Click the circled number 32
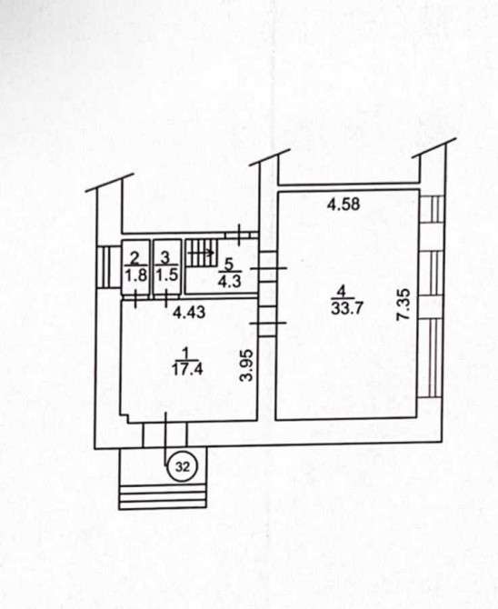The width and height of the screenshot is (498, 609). [183, 466]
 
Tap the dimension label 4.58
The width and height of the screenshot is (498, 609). [344, 204]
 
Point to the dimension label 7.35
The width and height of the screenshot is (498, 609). [403, 304]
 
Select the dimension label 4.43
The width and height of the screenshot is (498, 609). [189, 313]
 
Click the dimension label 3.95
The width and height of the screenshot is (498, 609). [247, 365]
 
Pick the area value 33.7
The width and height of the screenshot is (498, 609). [347, 308]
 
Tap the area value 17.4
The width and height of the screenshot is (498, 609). [187, 369]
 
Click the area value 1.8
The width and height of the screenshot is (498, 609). [136, 275]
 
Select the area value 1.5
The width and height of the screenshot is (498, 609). [167, 275]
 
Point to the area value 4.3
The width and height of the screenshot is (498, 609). [230, 281]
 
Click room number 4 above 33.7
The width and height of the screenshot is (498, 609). [342, 290]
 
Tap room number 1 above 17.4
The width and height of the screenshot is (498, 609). [185, 353]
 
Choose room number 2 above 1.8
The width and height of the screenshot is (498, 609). [134, 257]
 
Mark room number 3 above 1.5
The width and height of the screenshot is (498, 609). [165, 257]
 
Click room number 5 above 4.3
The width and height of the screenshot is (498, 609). [229, 265]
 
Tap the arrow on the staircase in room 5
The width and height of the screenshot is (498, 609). [201, 253]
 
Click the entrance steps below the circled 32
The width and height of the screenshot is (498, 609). [163, 496]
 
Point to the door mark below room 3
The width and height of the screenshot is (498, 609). [166, 298]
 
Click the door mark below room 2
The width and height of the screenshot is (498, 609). [135, 299]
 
